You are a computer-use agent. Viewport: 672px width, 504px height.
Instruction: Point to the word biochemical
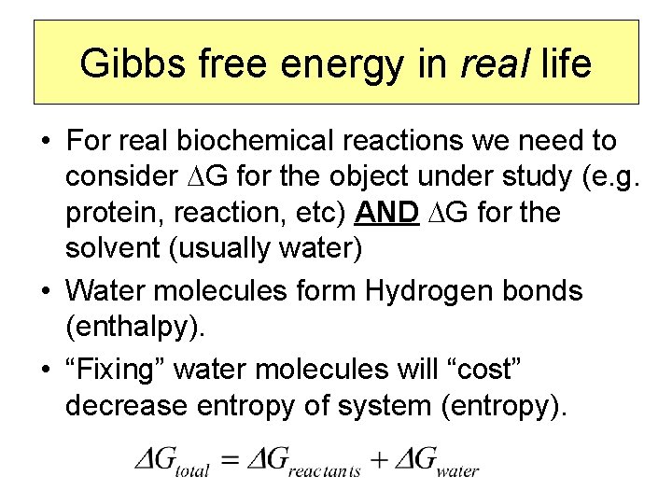pyautogui.click(x=252, y=142)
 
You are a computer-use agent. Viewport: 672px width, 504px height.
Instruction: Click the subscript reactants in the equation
pyautogui.click(x=325, y=470)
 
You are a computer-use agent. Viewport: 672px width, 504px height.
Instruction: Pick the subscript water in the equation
pyautogui.click(x=456, y=470)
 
